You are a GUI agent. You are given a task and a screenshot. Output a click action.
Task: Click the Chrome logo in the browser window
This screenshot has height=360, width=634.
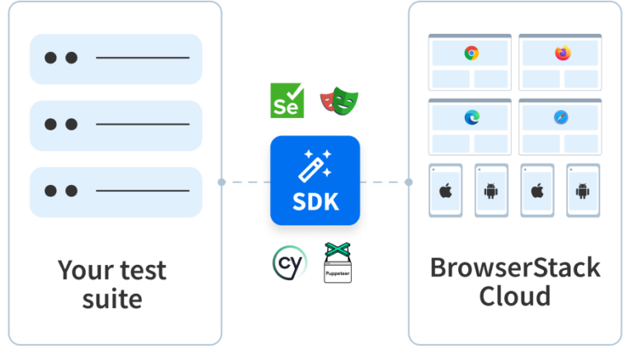(471, 54)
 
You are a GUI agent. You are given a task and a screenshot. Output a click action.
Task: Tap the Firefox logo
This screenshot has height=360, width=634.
(562, 54)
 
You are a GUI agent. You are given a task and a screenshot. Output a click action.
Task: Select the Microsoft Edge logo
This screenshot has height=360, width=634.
(471, 118)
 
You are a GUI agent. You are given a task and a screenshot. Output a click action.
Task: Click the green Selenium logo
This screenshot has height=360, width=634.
(287, 100)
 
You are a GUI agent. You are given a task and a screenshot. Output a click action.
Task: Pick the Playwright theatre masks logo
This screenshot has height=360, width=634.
(338, 100)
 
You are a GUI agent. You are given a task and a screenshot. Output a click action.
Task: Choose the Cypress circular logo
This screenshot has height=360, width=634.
(289, 263)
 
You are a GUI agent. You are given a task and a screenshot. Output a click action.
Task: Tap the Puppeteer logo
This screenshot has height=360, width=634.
(337, 263)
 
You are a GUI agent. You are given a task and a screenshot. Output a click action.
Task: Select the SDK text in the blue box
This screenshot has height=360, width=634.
(316, 202)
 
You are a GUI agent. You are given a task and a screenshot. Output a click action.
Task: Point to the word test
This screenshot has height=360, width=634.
(141, 270)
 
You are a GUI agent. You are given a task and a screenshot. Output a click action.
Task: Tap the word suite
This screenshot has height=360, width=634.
(111, 298)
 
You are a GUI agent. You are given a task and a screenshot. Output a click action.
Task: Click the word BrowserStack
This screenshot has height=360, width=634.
(515, 268)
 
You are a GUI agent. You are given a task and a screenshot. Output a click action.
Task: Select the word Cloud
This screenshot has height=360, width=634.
(515, 296)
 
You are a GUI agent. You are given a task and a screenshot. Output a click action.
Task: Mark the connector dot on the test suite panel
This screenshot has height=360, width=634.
(222, 182)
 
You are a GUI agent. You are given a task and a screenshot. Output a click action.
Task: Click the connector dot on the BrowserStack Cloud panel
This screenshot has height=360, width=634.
(409, 182)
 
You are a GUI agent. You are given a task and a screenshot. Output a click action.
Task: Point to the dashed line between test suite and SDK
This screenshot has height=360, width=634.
(246, 182)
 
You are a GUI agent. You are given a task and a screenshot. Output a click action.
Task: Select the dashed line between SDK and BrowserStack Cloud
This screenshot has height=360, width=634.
(386, 182)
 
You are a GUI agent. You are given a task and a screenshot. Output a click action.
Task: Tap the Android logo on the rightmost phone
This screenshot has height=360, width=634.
(582, 192)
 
